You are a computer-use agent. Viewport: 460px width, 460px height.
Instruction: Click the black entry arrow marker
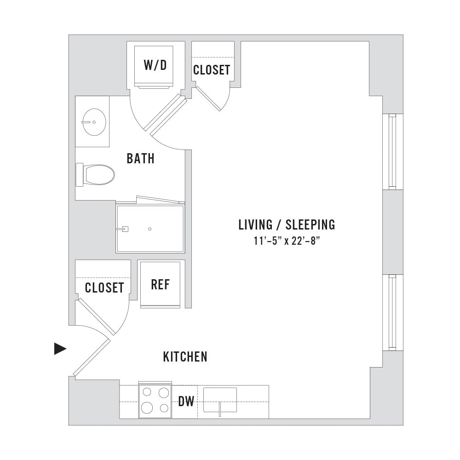click(60, 349)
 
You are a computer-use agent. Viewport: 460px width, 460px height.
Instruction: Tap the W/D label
click(155, 65)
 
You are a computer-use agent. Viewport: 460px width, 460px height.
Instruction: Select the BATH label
click(140, 158)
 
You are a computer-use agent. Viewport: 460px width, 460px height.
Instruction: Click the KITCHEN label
click(185, 357)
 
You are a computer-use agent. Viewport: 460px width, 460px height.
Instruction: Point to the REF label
click(160, 285)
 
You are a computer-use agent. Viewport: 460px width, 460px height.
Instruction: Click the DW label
click(186, 401)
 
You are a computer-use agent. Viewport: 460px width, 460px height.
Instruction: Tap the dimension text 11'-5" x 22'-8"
click(287, 241)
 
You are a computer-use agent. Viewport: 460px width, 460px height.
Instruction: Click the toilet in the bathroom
click(95, 174)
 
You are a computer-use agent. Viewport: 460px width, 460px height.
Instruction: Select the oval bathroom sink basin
click(94, 122)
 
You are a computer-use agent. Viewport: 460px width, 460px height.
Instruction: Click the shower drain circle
click(150, 229)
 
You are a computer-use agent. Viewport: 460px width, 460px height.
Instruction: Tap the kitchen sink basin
click(220, 400)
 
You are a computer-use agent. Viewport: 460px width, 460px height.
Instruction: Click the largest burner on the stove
click(147, 407)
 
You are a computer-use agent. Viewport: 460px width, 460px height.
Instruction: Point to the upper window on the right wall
click(392, 151)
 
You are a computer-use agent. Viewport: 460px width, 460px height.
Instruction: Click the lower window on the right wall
click(392, 312)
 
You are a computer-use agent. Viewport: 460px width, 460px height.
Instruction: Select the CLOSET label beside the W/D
click(212, 70)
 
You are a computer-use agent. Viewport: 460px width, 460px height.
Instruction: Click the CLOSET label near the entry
click(104, 287)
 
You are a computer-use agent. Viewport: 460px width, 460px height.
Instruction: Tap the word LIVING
click(255, 225)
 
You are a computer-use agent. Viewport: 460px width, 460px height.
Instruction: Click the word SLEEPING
click(310, 225)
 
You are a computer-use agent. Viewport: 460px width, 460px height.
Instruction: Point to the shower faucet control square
click(125, 229)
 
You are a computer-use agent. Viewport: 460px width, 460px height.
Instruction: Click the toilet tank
click(80, 174)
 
